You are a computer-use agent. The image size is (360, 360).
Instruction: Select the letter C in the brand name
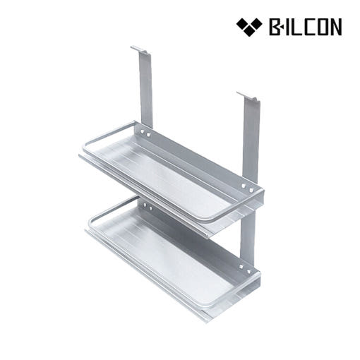tap(306, 27)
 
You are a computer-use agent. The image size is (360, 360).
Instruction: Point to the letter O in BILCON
tap(321, 27)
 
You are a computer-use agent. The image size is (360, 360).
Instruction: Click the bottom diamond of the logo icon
tap(249, 30)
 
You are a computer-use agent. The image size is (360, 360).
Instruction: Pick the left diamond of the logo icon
tap(243, 24)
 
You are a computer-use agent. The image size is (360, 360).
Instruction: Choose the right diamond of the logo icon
tap(256, 24)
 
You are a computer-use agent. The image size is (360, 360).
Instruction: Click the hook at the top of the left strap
tap(140, 51)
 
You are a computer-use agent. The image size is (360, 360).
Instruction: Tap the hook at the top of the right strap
tap(248, 97)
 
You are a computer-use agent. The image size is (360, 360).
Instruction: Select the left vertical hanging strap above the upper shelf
tap(145, 90)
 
